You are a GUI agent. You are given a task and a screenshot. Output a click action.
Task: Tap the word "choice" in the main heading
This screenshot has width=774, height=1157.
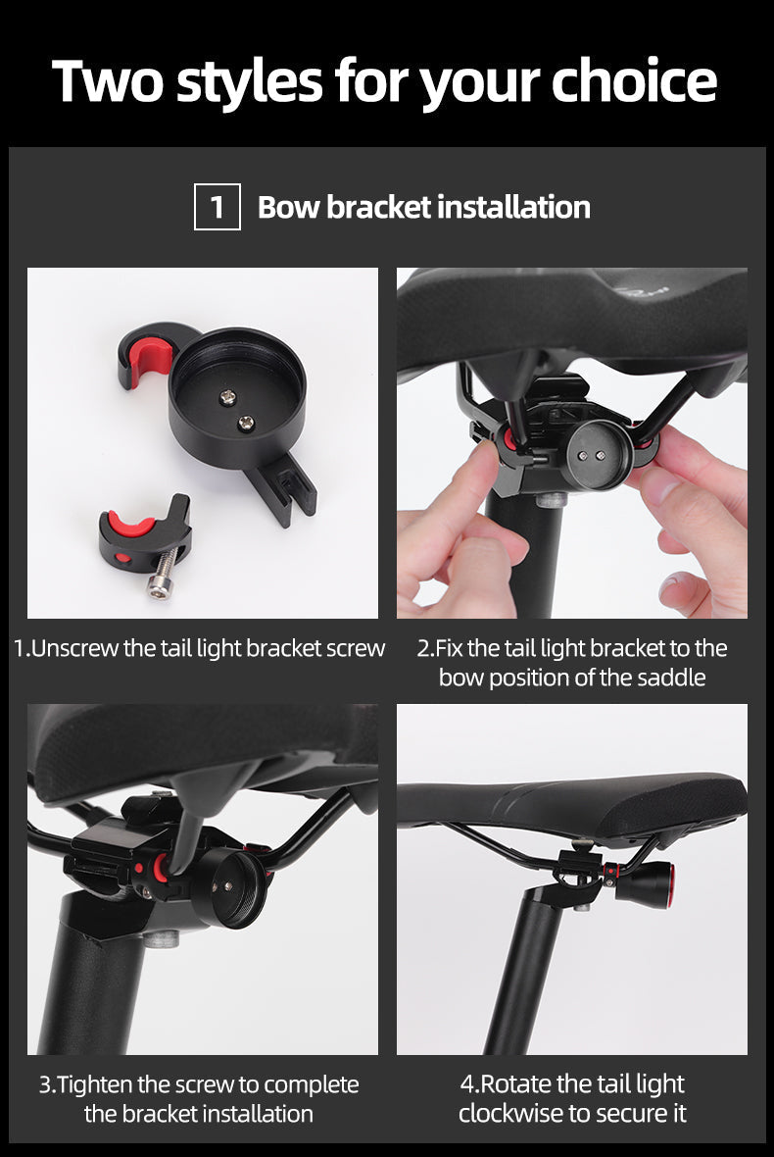634,80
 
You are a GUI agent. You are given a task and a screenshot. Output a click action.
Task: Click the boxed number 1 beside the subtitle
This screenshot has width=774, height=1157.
217,207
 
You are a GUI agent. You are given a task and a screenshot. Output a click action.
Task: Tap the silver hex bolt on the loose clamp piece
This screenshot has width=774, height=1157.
163,574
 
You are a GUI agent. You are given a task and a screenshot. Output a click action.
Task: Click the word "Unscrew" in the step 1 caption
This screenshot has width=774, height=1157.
76,648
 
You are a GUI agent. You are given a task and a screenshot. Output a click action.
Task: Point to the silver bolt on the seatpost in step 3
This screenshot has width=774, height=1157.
163,938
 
